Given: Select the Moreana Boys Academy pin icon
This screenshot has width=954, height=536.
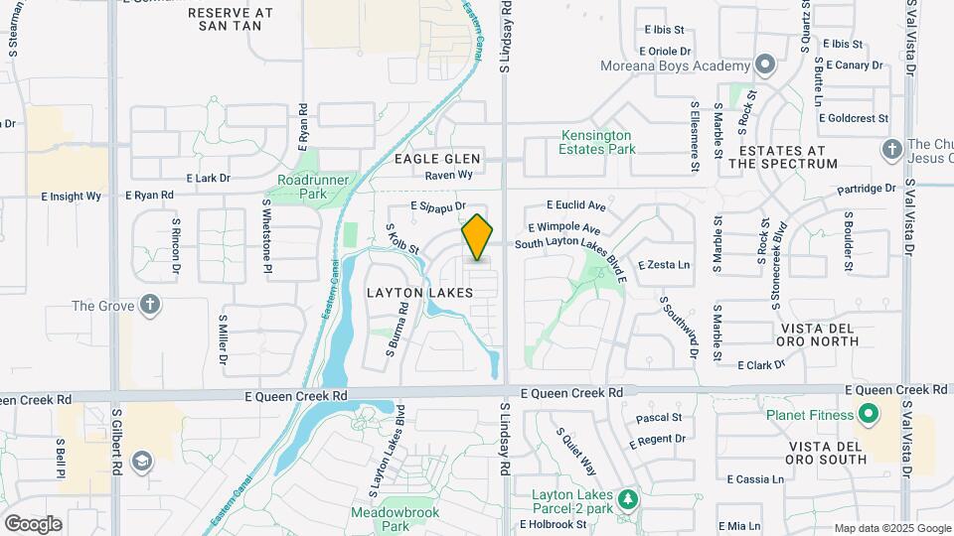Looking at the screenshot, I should coord(764,66).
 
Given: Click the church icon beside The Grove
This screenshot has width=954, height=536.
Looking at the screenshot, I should coord(149,305).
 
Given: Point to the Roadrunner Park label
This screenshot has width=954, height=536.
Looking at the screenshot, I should coord(302,188).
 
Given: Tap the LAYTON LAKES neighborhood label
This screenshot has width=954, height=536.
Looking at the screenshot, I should coord(418,293).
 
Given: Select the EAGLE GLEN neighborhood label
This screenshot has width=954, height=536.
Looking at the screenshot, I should coord(437,159).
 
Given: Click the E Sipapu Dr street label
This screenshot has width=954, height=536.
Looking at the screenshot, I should coord(438,206).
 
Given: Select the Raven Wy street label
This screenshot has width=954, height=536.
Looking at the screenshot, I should coord(448,175).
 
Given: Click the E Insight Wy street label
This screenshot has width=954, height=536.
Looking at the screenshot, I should coord(72,197).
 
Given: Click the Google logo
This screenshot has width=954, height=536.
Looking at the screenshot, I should coord(33,523).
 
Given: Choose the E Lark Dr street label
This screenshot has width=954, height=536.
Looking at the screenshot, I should coord(206,179).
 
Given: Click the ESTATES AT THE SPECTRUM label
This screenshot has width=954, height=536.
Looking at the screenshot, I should coord(782,157).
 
